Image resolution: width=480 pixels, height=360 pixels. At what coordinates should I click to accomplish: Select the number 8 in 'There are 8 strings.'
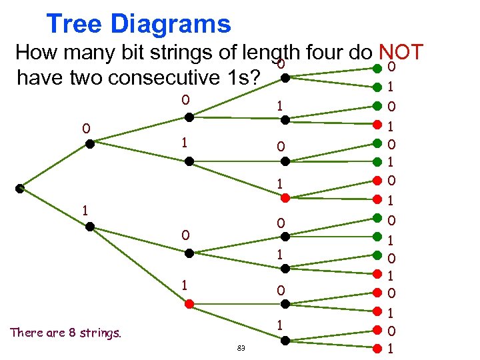point(71,333)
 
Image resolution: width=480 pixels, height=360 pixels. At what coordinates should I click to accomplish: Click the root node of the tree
point(20,189)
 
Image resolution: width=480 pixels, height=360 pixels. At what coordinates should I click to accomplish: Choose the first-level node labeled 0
point(90,142)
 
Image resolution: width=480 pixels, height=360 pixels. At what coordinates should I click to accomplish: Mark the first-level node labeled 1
point(90,226)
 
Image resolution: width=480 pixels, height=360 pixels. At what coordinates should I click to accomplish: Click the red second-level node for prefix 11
point(189,303)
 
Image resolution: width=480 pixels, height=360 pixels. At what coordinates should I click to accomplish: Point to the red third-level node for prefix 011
point(285,198)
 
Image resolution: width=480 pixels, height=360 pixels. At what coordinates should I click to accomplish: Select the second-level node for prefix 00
point(189,117)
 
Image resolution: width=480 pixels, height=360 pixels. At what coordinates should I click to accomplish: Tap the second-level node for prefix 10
point(189,253)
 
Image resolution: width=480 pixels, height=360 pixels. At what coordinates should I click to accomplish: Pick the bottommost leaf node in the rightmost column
point(377,347)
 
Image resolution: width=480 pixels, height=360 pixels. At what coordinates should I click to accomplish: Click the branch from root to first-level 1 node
point(55,207)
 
